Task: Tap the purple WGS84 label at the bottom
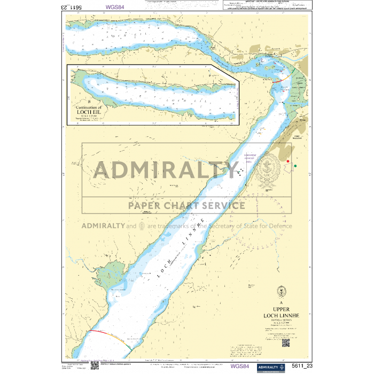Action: coord(240,367)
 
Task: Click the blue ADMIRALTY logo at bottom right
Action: coord(271,367)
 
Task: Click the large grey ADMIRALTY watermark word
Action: coord(166,170)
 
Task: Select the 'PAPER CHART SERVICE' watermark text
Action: coord(186,205)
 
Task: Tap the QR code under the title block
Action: coord(285,343)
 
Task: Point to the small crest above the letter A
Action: coord(281,292)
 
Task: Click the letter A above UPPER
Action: coord(281,301)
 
